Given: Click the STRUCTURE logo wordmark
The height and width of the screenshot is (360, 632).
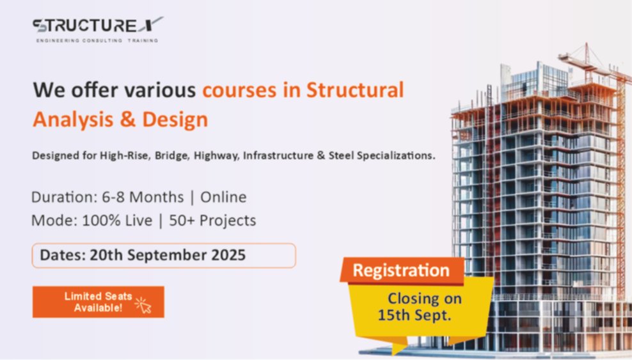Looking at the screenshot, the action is [x=98, y=25].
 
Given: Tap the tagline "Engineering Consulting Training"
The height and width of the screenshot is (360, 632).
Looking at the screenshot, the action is [x=97, y=40].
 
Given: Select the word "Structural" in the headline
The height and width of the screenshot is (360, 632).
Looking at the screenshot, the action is [x=355, y=90].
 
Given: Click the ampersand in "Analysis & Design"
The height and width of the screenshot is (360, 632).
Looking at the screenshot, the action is [x=128, y=119].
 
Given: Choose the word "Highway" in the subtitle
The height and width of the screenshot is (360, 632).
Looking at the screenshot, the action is [x=216, y=156].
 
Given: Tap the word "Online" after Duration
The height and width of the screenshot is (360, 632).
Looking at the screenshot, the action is [x=223, y=198].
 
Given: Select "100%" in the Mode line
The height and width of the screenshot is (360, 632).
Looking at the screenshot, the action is [x=97, y=221].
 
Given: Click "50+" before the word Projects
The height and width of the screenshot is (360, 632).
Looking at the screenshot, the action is [x=182, y=221].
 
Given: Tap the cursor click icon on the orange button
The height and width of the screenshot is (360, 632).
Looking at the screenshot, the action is [x=143, y=305].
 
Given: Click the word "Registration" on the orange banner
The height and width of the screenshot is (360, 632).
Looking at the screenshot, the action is [x=401, y=270].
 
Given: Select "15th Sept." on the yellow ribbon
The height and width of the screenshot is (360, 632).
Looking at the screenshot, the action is [x=414, y=315].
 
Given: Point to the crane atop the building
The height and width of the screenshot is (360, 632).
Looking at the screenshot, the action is [x=595, y=64].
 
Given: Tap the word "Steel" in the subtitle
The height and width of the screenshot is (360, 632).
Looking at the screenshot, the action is [x=341, y=155].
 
